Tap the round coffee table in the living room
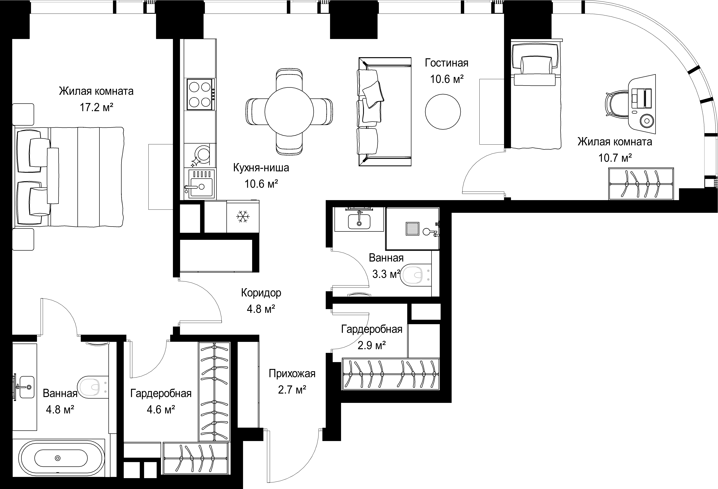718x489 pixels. [443, 112]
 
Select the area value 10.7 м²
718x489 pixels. [615, 158]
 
